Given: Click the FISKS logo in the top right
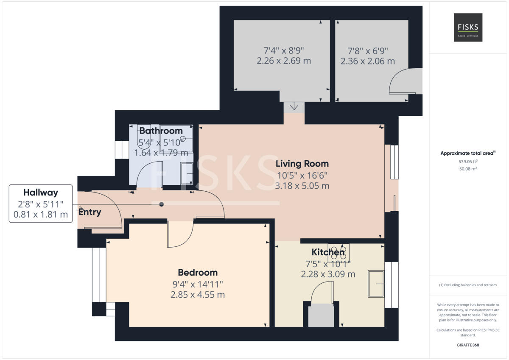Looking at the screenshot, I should click(x=468, y=27).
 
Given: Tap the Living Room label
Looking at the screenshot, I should click(x=302, y=163).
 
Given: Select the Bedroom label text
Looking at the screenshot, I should click(x=198, y=272).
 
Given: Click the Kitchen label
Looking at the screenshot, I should click(x=328, y=252).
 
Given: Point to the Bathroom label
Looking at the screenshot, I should click(x=161, y=131).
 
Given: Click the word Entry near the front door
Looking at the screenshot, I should click(x=89, y=212).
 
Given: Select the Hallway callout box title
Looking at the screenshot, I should click(x=41, y=193).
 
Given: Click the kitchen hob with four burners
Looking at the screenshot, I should click(x=338, y=252).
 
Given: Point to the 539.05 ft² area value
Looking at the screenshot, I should click(x=468, y=161).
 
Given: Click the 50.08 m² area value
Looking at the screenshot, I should click(x=468, y=169).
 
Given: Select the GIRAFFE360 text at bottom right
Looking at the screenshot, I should click(x=468, y=345).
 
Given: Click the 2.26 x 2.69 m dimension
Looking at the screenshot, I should click(x=283, y=61).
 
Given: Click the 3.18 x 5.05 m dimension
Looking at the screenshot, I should click(x=302, y=186).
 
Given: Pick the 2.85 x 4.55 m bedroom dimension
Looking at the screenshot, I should click(x=198, y=294).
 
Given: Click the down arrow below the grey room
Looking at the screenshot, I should click(x=294, y=107).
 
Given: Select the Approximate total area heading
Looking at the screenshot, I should click(x=468, y=153).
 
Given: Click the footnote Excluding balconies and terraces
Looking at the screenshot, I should click(x=468, y=285).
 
